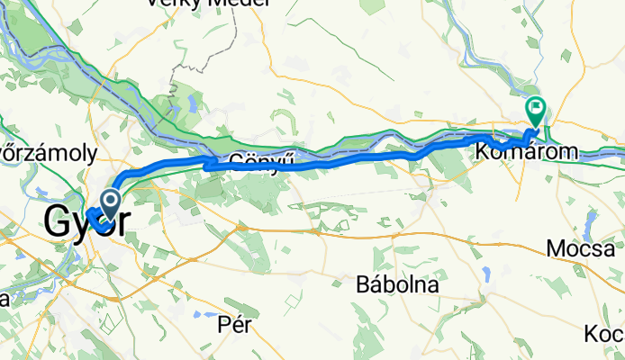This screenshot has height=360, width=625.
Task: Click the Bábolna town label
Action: [x=397, y=284]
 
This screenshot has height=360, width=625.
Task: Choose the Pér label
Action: [x=233, y=326]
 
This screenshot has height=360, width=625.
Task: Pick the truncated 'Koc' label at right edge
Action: [x=604, y=334]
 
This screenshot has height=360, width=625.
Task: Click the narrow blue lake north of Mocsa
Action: [x=589, y=220]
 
